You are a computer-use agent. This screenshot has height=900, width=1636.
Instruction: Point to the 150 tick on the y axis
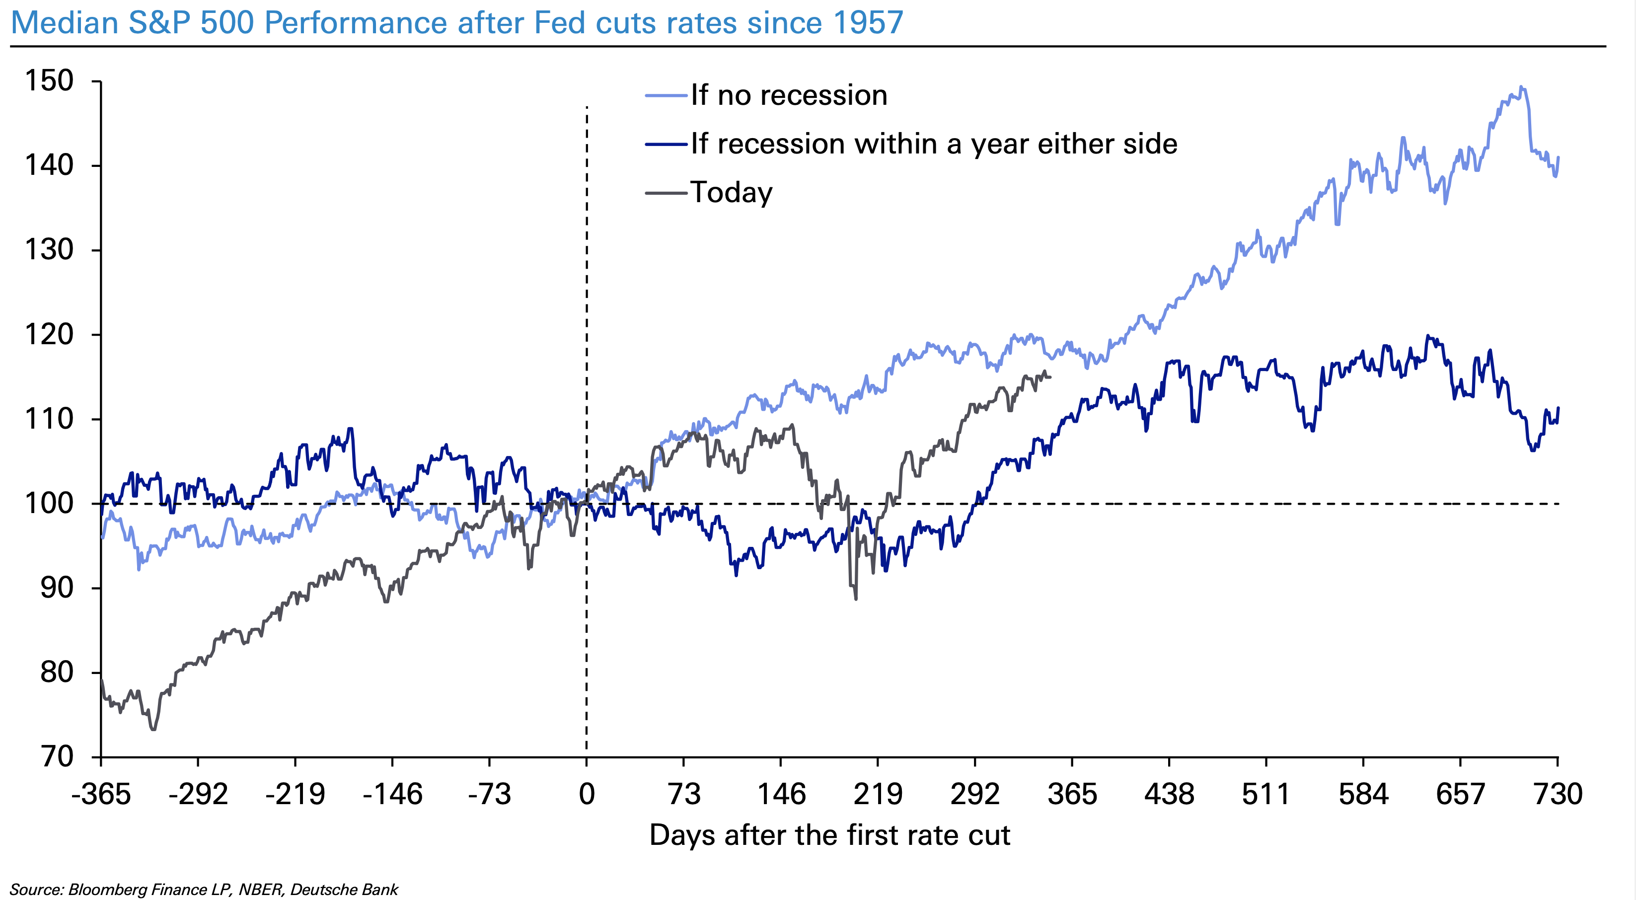49,81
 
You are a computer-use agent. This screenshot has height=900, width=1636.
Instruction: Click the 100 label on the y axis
49,504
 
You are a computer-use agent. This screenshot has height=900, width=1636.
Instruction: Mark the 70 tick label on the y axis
57,756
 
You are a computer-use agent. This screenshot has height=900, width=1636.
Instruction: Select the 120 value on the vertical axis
49,335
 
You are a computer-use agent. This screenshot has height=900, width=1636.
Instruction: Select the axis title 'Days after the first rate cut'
829,835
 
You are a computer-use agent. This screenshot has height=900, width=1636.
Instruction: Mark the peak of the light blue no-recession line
1520,86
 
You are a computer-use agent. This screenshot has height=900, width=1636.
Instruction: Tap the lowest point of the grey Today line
153,730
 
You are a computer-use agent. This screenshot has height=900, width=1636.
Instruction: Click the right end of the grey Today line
1050,377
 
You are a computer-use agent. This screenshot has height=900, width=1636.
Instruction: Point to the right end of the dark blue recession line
1558,408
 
